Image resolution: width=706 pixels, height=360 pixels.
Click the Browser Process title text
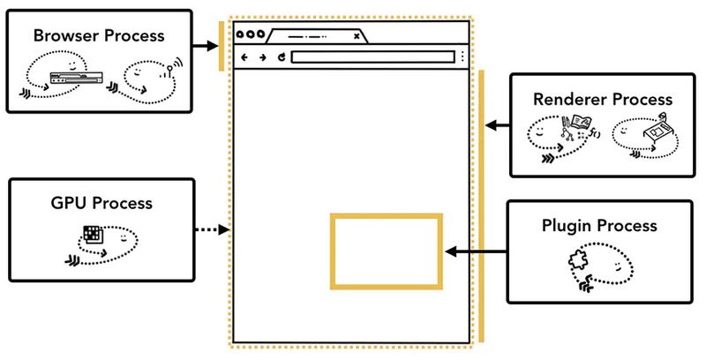pos(98,36)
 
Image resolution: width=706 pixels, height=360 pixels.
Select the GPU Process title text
pos(101,203)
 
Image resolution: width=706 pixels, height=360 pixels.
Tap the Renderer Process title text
pos(603,100)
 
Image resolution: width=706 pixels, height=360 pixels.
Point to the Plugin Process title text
pos(599,226)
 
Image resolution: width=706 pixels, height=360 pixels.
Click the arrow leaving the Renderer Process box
pos(498,126)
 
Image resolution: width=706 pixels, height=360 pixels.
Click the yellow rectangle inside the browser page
pos(385,251)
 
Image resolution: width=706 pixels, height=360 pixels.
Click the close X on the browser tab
pos(357,36)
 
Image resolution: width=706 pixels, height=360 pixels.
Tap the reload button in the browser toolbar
pos(281,58)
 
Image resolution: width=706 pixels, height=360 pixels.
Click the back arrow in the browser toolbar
pos(244,58)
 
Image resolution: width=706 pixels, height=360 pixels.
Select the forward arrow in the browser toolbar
pos(262,58)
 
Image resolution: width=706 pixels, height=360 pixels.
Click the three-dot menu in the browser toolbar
pos(462,58)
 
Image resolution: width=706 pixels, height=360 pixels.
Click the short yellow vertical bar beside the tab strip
pos(222,45)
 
